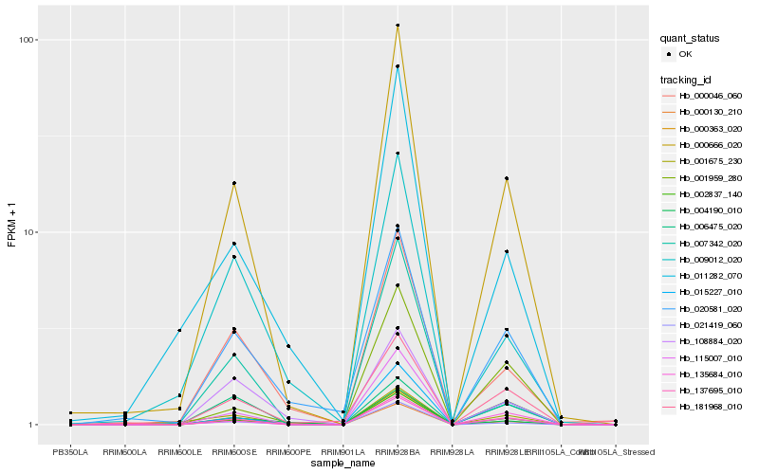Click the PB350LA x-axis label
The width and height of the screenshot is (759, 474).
[70, 451]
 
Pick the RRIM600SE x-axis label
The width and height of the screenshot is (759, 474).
[233, 451]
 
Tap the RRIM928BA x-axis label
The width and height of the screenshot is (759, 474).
[397, 451]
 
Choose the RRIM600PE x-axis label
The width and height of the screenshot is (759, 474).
[287, 451]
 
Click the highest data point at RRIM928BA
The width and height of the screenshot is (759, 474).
[397, 26]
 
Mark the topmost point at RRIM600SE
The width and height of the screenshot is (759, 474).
[233, 183]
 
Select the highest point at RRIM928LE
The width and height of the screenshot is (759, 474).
[506, 178]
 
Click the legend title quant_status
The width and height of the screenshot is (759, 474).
[691, 39]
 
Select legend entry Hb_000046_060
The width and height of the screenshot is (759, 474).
[710, 96]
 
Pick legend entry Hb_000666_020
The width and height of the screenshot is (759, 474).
[710, 145]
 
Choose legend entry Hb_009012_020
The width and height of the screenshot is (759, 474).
[710, 259]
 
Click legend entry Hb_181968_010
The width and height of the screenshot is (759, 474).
[710, 406]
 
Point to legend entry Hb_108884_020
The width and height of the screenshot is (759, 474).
[710, 340]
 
